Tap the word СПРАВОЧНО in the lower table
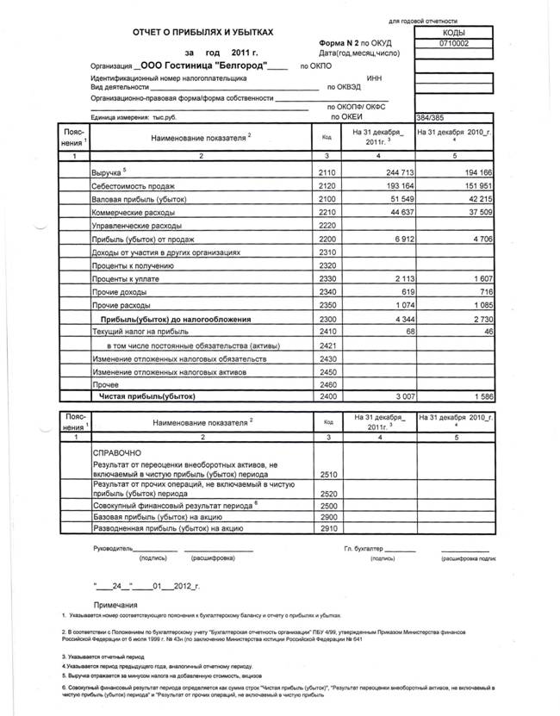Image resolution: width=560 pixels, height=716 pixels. [121, 452]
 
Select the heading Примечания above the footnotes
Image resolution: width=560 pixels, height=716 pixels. [115, 606]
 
